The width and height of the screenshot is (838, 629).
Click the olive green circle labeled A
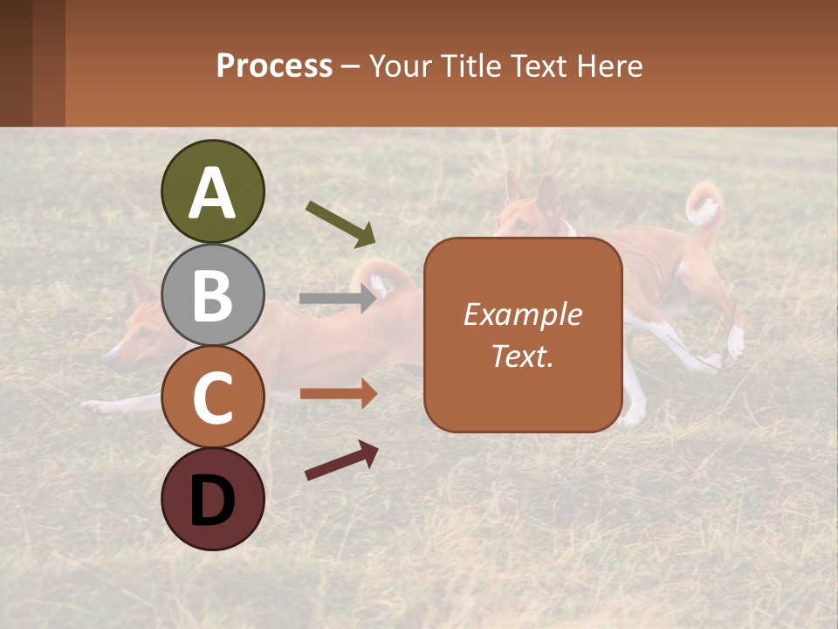point(212,191)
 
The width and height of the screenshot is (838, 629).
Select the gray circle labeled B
point(212,294)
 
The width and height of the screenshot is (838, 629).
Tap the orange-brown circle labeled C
point(212,397)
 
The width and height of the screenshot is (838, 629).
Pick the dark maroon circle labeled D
point(212,499)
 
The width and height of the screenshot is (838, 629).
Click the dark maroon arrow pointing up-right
point(341,460)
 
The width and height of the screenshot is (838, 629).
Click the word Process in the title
point(274,66)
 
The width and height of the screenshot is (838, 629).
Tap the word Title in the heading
point(468,66)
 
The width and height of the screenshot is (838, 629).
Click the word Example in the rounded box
point(522,314)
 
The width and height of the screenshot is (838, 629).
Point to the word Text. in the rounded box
point(522,356)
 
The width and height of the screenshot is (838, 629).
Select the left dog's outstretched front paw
point(96,406)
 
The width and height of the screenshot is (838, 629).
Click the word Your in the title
point(399,66)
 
